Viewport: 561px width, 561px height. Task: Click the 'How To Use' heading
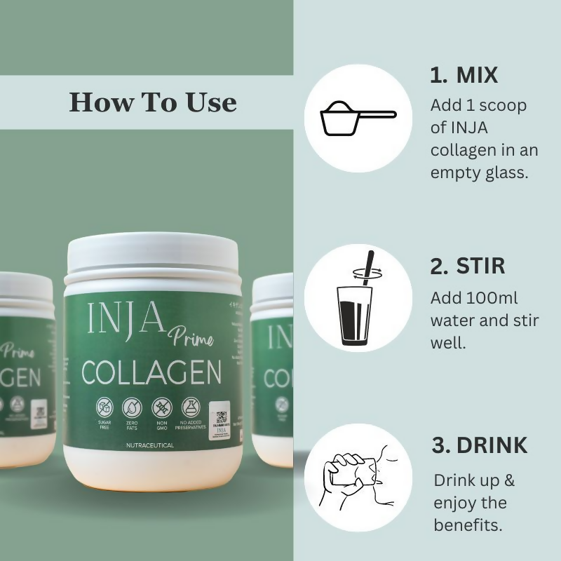tap(153, 102)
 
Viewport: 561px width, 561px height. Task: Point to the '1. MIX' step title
tap(464, 76)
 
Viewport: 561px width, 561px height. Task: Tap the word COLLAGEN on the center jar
tap(151, 373)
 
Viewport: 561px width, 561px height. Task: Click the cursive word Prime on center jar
tap(190, 337)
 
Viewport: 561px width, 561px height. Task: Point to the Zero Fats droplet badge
tap(133, 407)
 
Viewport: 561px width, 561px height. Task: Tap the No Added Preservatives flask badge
tap(191, 407)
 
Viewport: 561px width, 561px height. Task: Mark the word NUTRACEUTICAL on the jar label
tap(150, 445)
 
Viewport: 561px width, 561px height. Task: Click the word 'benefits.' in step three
tap(468, 525)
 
